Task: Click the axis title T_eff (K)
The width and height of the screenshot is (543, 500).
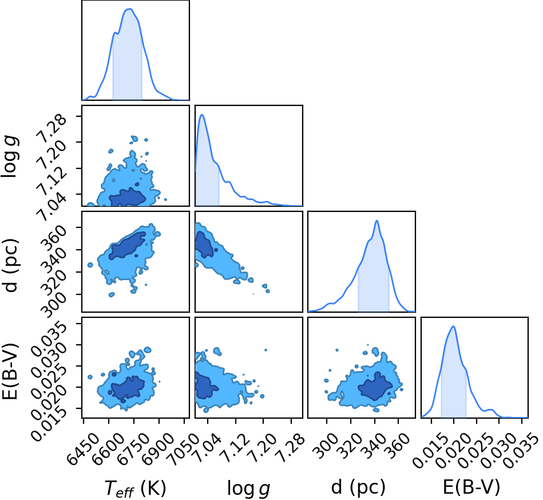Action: (136, 488)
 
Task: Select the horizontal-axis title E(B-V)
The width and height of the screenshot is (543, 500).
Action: (471, 487)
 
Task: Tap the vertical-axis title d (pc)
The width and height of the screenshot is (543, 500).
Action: (10, 265)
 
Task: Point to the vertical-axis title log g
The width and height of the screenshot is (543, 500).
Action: (10, 157)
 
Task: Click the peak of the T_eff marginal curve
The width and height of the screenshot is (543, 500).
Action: (130, 9)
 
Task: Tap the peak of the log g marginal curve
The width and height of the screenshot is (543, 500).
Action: (202, 115)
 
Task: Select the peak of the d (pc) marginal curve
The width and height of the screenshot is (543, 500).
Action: (376, 221)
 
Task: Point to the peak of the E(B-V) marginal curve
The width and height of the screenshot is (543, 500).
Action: (453, 326)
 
